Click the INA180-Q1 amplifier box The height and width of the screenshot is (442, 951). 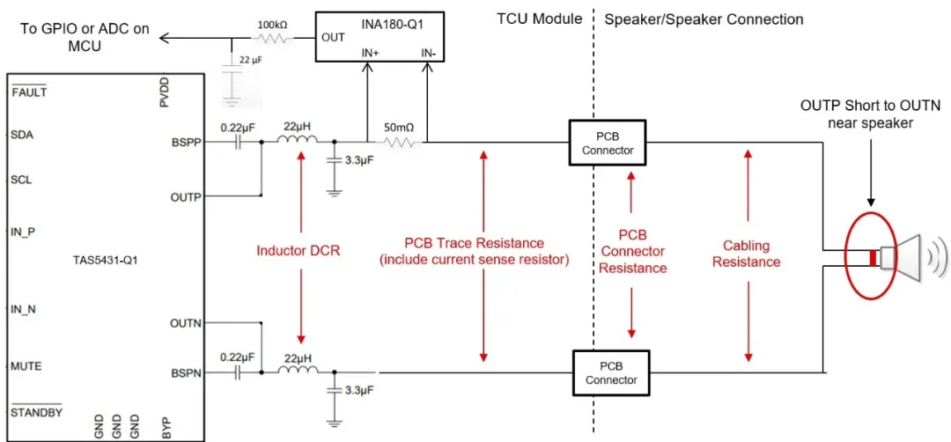[380, 37]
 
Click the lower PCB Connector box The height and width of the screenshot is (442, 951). [610, 373]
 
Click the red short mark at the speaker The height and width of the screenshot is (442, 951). [873, 258]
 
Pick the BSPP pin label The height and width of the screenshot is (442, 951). [186, 141]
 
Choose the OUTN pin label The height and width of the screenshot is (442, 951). [186, 323]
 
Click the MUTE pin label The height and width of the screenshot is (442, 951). [26, 365]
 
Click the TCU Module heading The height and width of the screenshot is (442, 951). [539, 18]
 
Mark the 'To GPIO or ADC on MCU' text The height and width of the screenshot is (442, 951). [85, 37]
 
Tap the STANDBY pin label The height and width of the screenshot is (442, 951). [36, 412]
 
